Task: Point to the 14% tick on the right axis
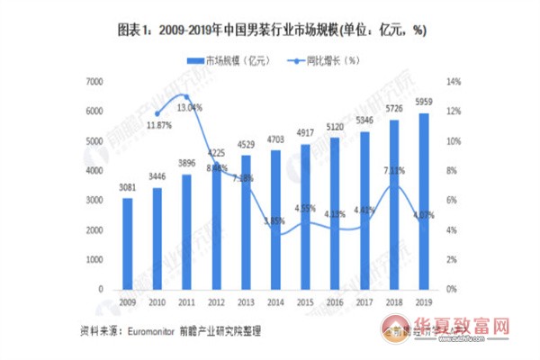pos(454,82)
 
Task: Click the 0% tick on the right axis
pos(452,290)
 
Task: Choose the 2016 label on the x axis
pos(335,301)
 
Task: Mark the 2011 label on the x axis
pos(187,301)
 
